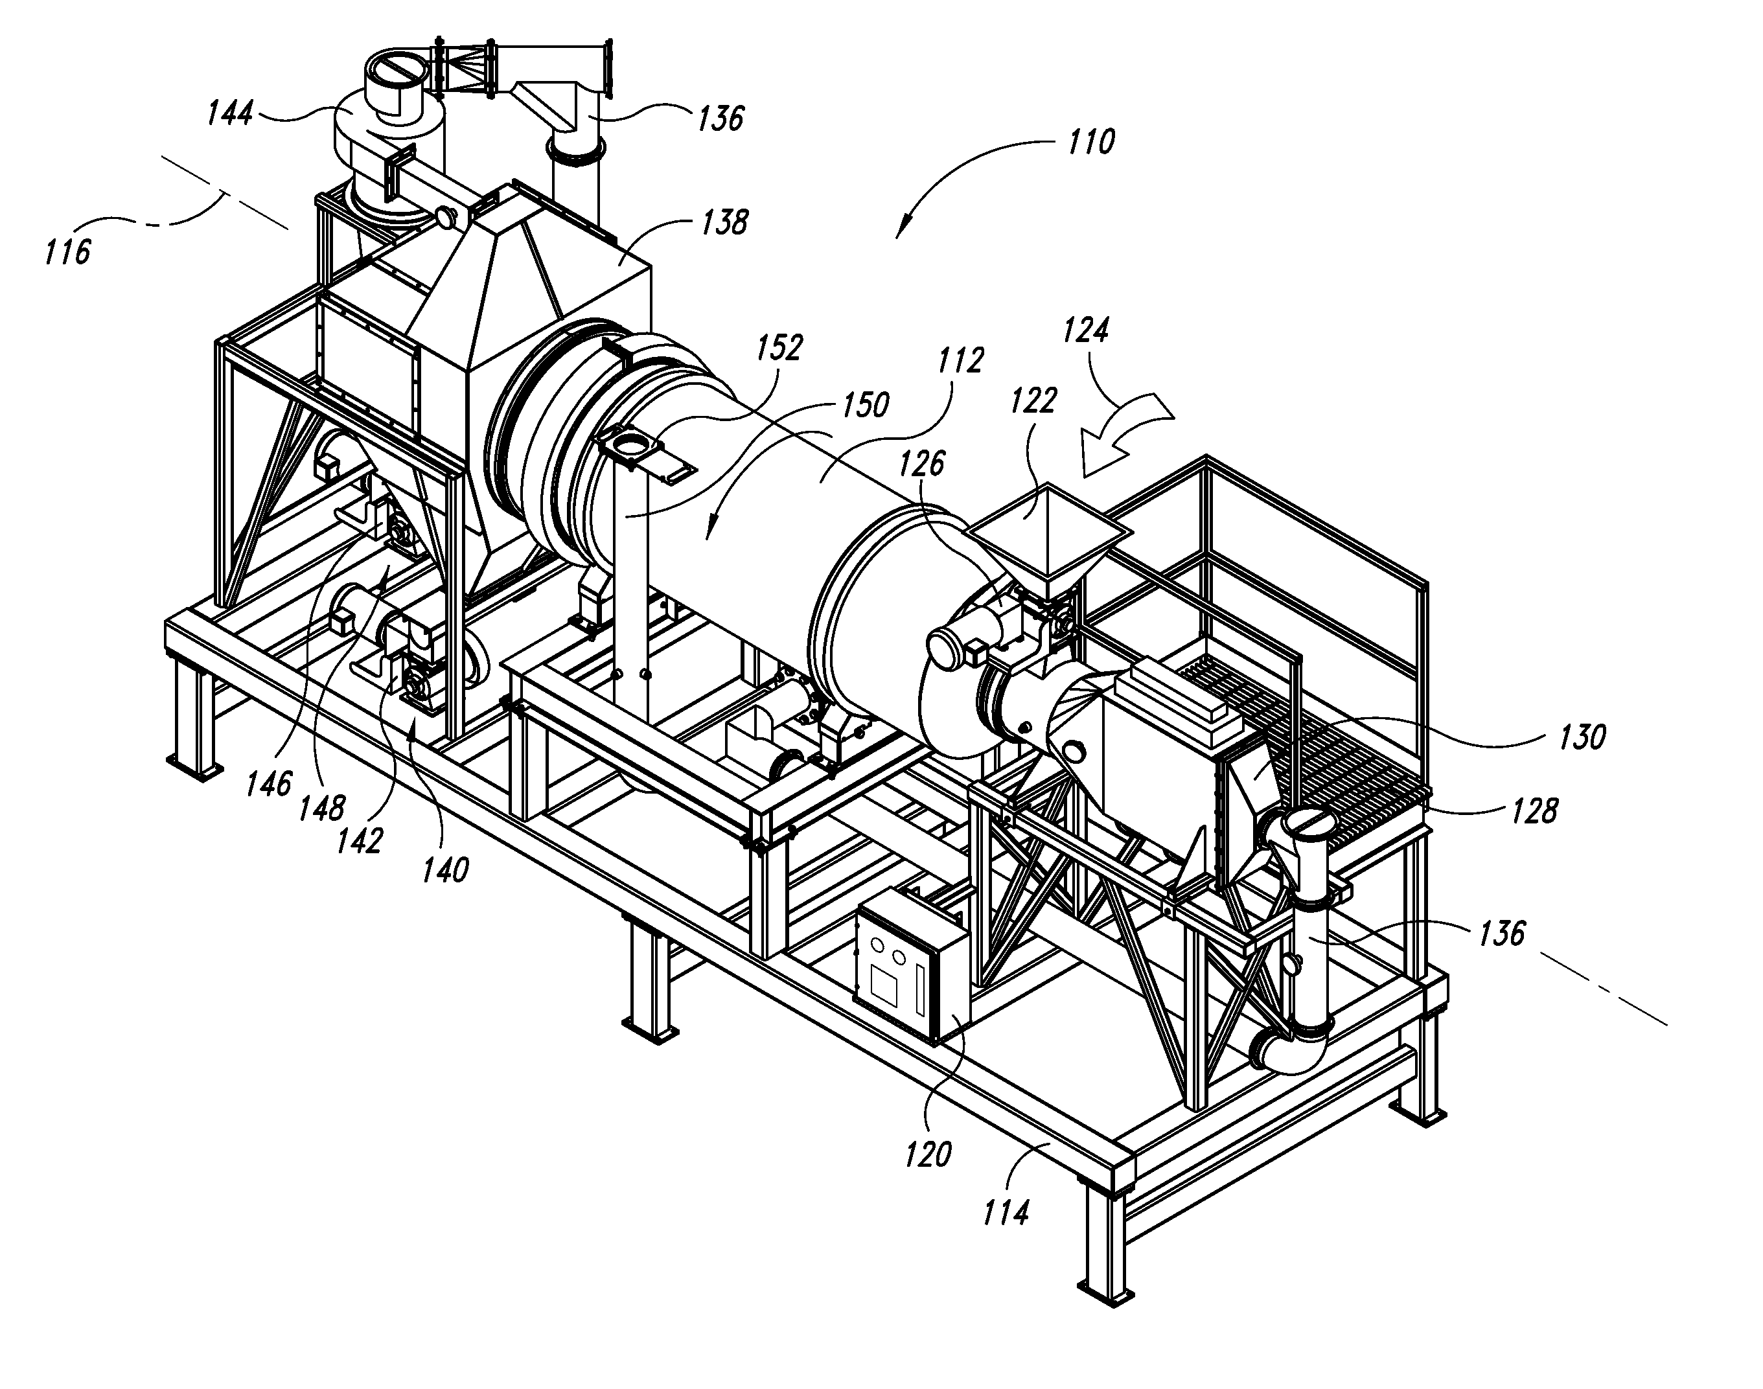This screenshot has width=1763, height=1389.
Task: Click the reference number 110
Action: click(1090, 143)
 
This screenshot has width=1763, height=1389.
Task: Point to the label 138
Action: click(724, 222)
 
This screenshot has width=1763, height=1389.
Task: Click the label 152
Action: click(779, 348)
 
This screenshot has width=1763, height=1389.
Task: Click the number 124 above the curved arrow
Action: click(1086, 331)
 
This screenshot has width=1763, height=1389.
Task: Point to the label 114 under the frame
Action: click(1006, 1213)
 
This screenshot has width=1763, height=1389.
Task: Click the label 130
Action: click(1582, 737)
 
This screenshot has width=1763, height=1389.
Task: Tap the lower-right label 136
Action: click(1501, 934)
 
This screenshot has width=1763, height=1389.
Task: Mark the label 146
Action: click(269, 783)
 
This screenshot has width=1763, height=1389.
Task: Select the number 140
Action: click(446, 871)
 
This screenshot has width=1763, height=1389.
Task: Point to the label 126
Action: click(921, 464)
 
